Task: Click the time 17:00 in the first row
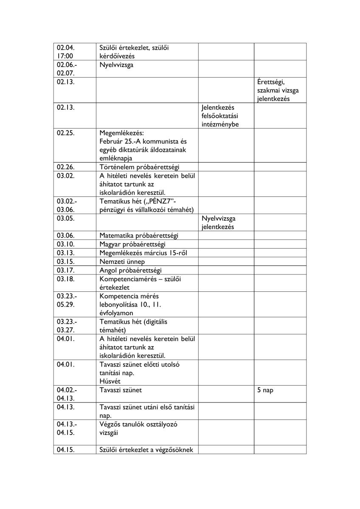tap(65, 56)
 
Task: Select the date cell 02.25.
tap(66, 133)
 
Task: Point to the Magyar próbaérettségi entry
tap(132, 244)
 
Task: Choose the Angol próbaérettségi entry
tap(130, 270)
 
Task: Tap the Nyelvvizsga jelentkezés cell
tap(218, 223)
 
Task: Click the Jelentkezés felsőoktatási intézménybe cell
tap(220, 116)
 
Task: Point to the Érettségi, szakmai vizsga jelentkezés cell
tap(275, 90)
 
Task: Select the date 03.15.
tap(66, 262)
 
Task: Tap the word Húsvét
tap(110, 381)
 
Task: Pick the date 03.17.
tap(66, 270)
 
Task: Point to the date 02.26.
tap(66, 167)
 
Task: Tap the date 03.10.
tap(66, 244)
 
